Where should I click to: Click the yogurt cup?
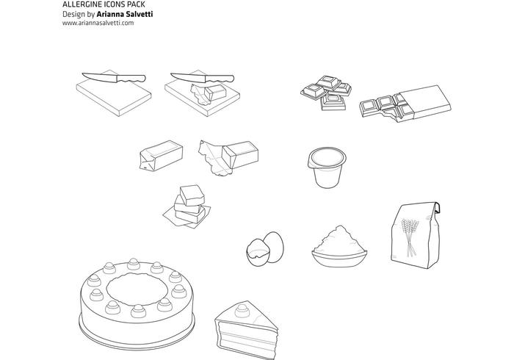click(327, 168)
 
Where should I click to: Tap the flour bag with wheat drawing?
click(416, 235)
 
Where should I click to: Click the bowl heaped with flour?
click(339, 247)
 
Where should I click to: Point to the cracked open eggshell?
click(258, 253)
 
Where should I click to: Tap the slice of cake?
click(246, 329)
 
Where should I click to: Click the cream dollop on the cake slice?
click(242, 310)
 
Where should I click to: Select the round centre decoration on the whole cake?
click(137, 289)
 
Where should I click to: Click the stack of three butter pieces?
click(187, 206)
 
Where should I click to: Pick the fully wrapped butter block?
click(161, 156)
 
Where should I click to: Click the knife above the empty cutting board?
click(113, 78)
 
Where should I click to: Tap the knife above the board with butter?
click(202, 78)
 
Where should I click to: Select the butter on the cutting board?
click(210, 93)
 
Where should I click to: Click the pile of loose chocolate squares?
click(326, 93)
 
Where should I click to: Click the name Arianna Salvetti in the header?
click(125, 14)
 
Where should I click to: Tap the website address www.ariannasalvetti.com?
click(98, 23)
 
